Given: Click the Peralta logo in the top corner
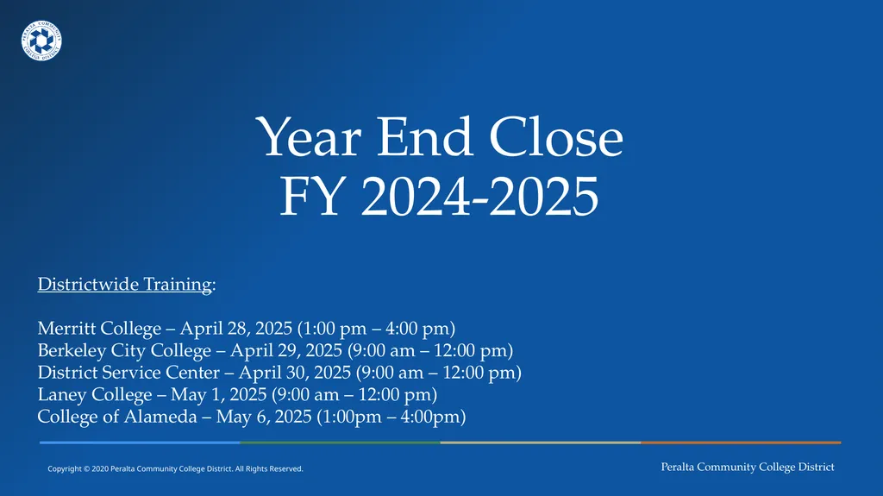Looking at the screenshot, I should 41,41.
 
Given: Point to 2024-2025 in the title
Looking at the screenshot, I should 479,197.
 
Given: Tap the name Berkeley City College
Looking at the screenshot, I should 124,351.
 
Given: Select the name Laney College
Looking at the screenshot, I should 93,395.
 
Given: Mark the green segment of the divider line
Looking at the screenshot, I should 340,443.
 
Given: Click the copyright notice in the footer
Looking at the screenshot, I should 175,468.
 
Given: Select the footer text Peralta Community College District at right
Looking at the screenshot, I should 748,467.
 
